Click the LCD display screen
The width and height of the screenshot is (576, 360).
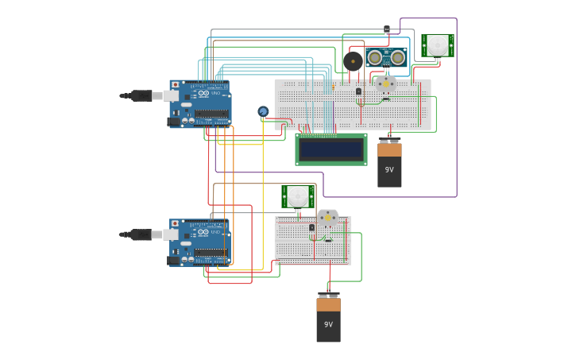tap(331, 149)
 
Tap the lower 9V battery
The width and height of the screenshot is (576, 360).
tap(328, 319)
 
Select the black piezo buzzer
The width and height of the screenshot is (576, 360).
tap(353, 61)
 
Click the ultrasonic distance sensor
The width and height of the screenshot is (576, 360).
tap(386, 57)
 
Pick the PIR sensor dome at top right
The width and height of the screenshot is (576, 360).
tap(438, 45)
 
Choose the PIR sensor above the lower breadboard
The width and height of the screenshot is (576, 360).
tap(298, 195)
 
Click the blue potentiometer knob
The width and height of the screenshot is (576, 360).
tap(263, 111)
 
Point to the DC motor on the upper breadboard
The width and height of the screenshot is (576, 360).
tap(386, 83)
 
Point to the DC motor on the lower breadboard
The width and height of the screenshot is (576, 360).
tap(327, 217)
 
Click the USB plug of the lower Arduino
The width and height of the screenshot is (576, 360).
tap(141, 234)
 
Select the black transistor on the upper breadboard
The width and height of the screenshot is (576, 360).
tap(358, 91)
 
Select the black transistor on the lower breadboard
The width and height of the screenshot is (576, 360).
tap(311, 227)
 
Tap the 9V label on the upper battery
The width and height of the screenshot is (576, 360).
tap(389, 169)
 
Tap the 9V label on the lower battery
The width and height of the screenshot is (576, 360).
tap(328, 324)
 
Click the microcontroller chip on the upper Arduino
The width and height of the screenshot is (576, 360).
tap(211, 114)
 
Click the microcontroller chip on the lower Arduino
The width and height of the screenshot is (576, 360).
tap(211, 253)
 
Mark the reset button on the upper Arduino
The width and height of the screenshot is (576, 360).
tap(175, 85)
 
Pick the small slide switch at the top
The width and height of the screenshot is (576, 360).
tap(387, 29)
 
